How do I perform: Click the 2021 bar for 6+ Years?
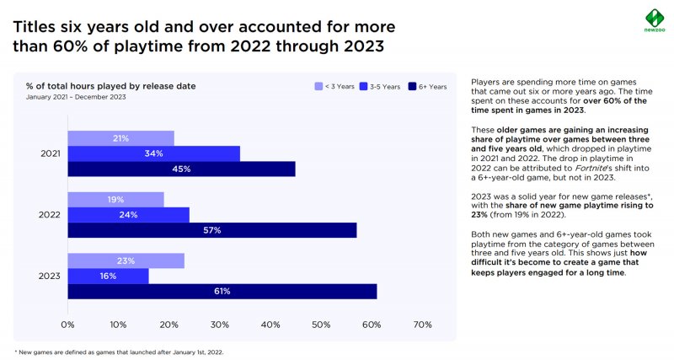pos(181,169)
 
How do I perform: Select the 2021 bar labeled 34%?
pos(153,153)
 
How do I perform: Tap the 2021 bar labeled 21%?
pos(120,138)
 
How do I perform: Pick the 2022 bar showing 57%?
pos(211,230)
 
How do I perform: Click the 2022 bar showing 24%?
pos(128,214)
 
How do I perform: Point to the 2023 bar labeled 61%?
pos(222,291)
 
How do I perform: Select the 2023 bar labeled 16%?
pos(108,276)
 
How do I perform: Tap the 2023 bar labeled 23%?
pos(126,261)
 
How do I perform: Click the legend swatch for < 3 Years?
pos(318,86)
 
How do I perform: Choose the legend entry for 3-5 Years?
pos(379,86)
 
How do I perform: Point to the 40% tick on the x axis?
pos(270,325)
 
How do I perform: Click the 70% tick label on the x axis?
pos(422,325)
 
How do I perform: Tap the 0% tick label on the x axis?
pos(68,325)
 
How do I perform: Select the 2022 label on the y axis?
pos(49,214)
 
